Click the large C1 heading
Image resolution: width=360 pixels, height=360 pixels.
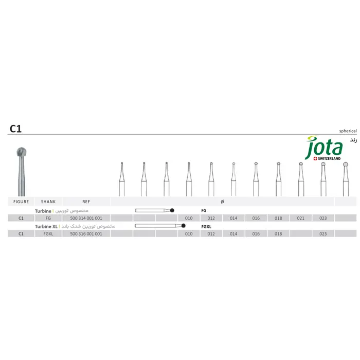click(15, 129)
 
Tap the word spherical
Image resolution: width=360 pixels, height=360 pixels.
click(348, 131)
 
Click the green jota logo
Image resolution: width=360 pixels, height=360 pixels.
click(323, 148)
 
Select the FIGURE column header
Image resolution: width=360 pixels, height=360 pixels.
click(21, 202)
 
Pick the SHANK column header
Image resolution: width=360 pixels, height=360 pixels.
click(48, 202)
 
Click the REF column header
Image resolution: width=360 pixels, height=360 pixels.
click(86, 202)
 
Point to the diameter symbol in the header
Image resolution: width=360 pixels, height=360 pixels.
click(222, 202)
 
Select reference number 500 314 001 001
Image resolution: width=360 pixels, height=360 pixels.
click(86, 218)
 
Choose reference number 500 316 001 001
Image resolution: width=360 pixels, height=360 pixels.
click(86, 233)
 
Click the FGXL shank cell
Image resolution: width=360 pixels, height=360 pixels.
click(48, 233)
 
